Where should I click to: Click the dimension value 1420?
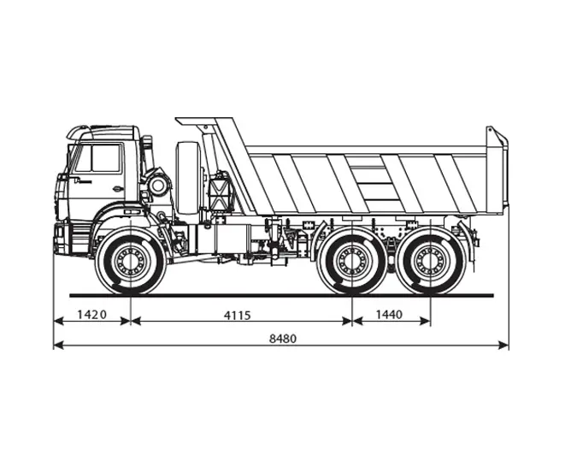click(x=91, y=315)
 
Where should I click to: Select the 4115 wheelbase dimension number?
click(x=237, y=315)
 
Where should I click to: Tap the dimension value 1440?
click(x=389, y=315)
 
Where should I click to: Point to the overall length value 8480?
click(x=283, y=339)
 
